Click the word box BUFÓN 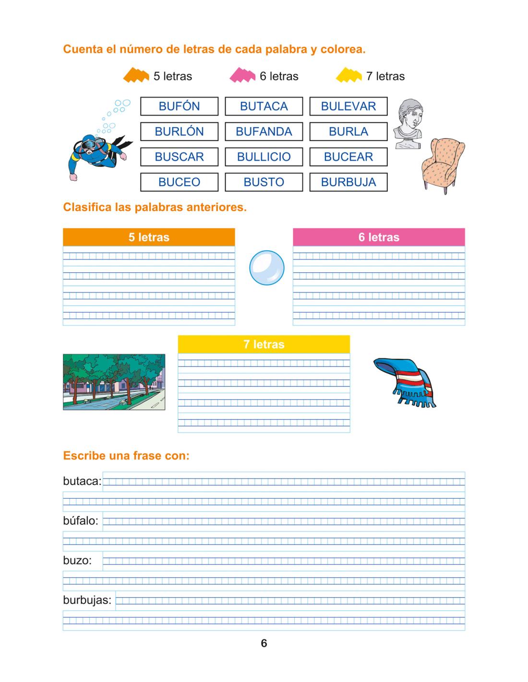[179, 106]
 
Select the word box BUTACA [264, 106]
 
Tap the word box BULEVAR [348, 106]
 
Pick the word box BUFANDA [264, 131]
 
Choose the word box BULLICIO [264, 157]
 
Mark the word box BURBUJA [348, 182]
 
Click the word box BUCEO [179, 182]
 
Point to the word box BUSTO [264, 182]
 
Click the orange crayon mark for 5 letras [136, 76]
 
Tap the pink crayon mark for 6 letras [242, 76]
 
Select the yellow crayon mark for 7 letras [349, 76]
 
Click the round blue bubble [267, 268]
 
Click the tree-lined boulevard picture [114, 382]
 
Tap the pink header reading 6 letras [379, 237]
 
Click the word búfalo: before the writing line [81, 521]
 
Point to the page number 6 [264, 644]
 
